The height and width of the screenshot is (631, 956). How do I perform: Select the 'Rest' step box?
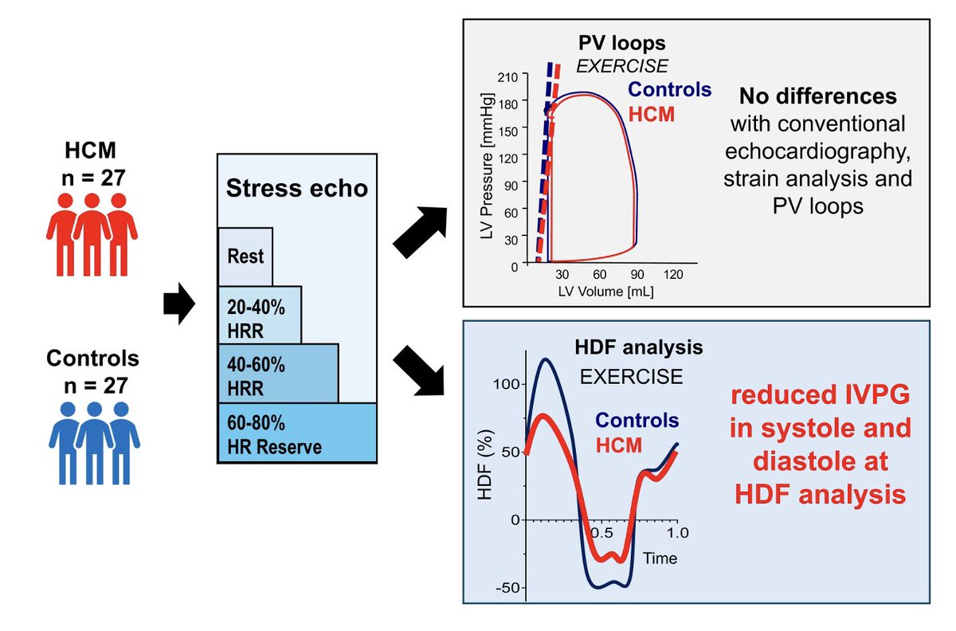(245, 257)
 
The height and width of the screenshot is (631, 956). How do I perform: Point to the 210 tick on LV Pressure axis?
(507, 76)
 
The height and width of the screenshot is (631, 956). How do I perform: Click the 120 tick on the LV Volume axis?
(673, 275)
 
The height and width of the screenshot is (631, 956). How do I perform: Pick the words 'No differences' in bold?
(817, 96)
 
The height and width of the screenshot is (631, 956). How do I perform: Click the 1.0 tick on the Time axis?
(676, 531)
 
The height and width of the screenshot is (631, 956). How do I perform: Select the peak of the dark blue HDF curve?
(545, 359)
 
